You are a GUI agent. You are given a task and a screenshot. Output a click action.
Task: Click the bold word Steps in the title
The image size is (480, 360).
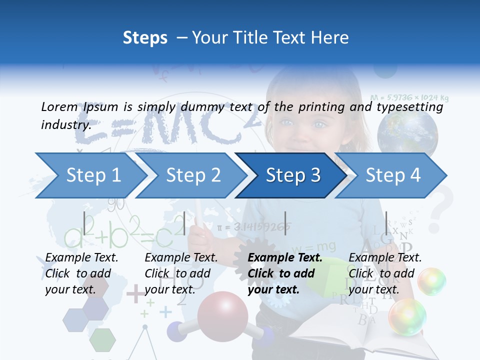click(x=145, y=38)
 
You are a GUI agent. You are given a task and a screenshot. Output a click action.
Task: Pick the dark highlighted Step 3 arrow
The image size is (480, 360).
click(x=293, y=175)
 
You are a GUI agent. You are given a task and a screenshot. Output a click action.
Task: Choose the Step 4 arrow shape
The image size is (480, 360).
click(x=393, y=175)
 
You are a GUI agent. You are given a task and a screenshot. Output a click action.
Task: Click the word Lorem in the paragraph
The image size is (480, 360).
click(x=59, y=107)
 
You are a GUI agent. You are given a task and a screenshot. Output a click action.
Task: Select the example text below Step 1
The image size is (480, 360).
click(x=81, y=273)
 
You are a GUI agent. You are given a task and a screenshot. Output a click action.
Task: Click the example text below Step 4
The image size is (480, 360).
click(x=385, y=273)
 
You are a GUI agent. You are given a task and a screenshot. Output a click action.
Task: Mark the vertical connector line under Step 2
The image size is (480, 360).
click(x=184, y=223)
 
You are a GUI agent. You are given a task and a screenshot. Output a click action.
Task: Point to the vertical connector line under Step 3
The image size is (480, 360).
click(x=285, y=223)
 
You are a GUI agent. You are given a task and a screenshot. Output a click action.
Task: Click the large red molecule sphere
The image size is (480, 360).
click(x=222, y=316)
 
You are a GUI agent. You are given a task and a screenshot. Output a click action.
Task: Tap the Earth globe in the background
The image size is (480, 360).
click(x=407, y=132)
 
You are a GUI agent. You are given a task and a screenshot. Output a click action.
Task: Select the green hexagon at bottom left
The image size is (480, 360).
click(x=102, y=339)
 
